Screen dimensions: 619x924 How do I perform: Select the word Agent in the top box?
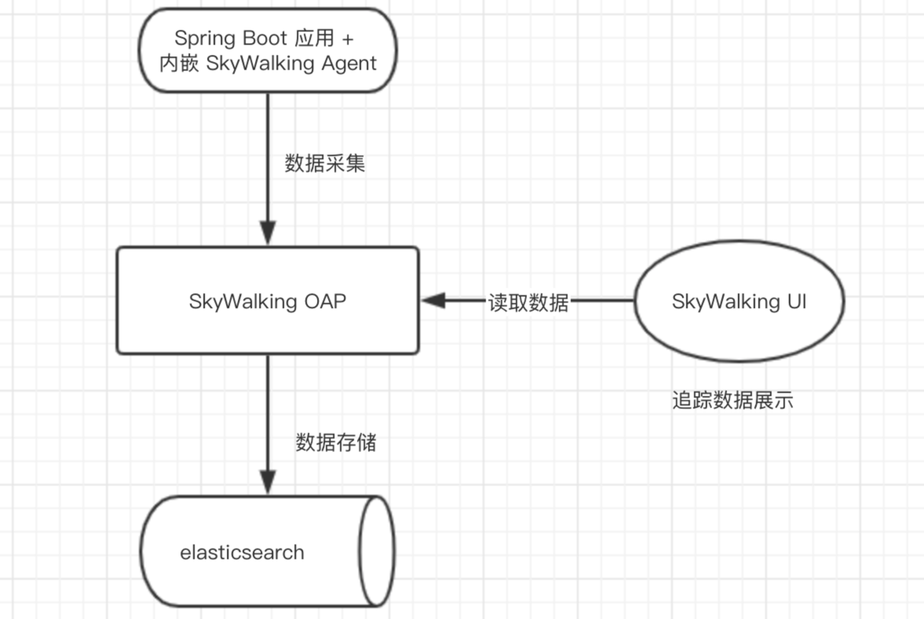[349, 64]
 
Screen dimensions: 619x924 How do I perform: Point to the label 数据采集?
[325, 164]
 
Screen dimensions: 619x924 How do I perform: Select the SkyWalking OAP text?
[267, 301]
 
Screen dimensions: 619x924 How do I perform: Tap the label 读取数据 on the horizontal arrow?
[528, 301]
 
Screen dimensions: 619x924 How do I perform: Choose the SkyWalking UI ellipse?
[739, 301]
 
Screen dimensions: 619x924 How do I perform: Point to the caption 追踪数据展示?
[732, 400]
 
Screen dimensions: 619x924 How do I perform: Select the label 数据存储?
[336, 442]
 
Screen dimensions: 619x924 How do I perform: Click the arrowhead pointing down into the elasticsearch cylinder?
[268, 483]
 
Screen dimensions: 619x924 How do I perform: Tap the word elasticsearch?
[242, 552]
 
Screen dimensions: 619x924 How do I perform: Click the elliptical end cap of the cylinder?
[376, 551]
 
